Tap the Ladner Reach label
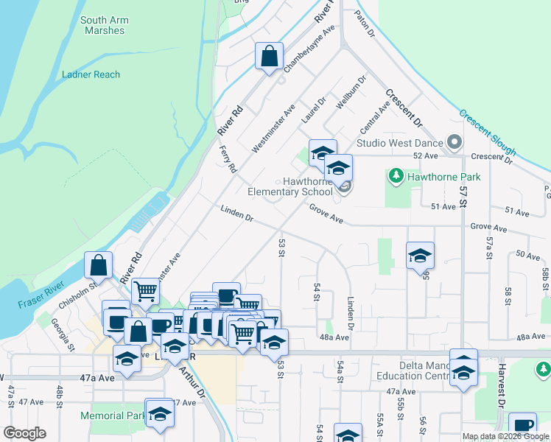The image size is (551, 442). coord(91,74)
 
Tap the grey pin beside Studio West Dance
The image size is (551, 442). coord(454,143)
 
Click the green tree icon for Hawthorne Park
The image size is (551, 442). coord(396,177)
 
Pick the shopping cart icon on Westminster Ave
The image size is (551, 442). coord(146,292)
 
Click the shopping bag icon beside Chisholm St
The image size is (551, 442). coord(99,265)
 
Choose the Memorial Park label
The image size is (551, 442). coord(113,415)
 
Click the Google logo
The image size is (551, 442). coord(24,433)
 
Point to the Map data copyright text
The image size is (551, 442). coord(505,436)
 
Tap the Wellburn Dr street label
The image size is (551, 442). coord(351,92)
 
